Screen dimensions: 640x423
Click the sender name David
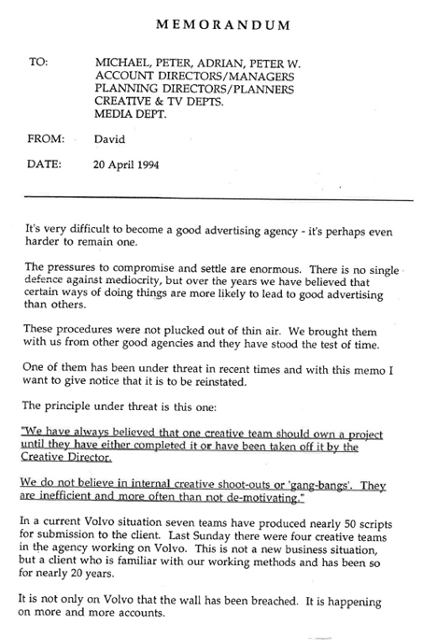[x=111, y=139]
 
